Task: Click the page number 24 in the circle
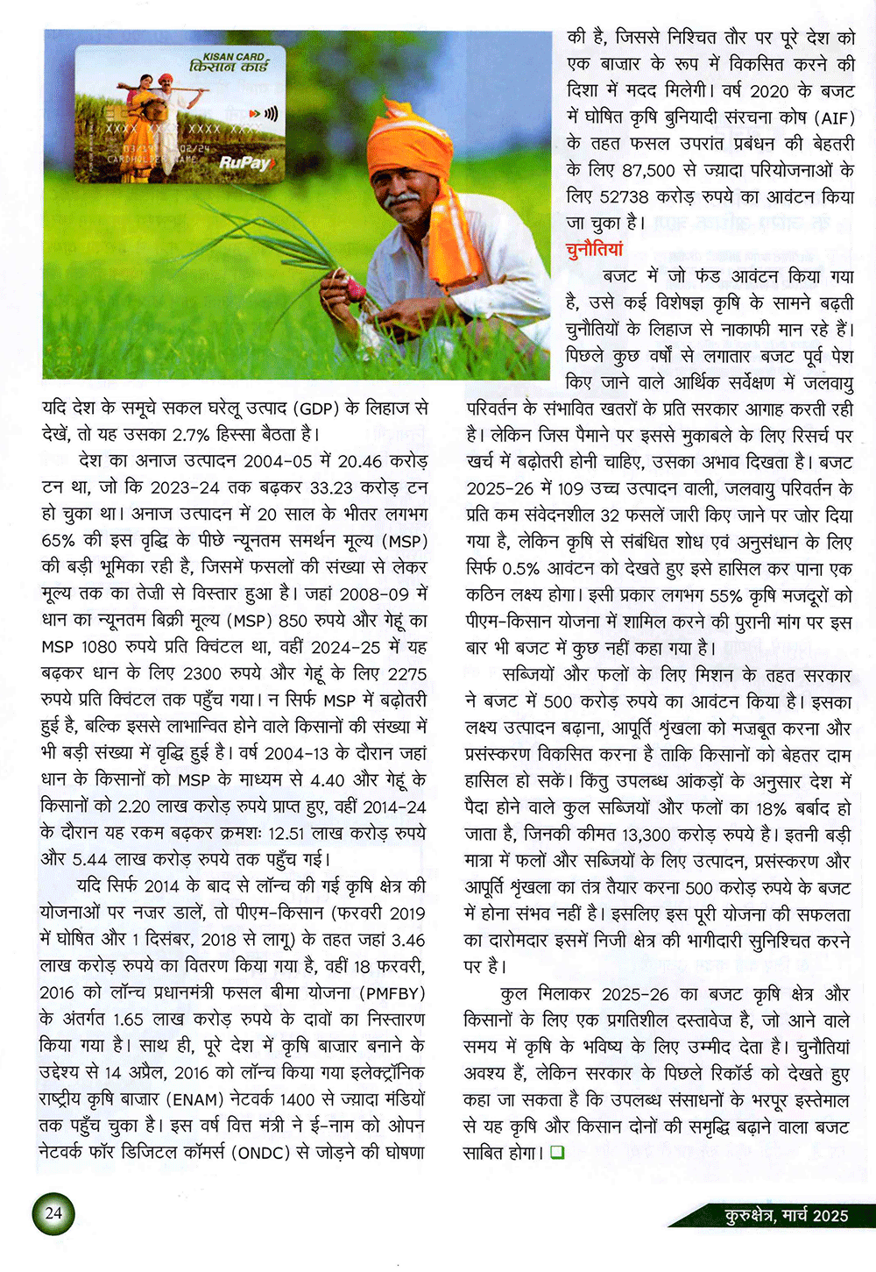(53, 1213)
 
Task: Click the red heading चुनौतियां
(595, 249)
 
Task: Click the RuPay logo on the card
(245, 163)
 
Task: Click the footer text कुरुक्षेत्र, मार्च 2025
(787, 1215)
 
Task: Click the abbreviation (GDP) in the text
(319, 408)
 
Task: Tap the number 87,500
(653, 170)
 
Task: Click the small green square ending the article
(557, 1153)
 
